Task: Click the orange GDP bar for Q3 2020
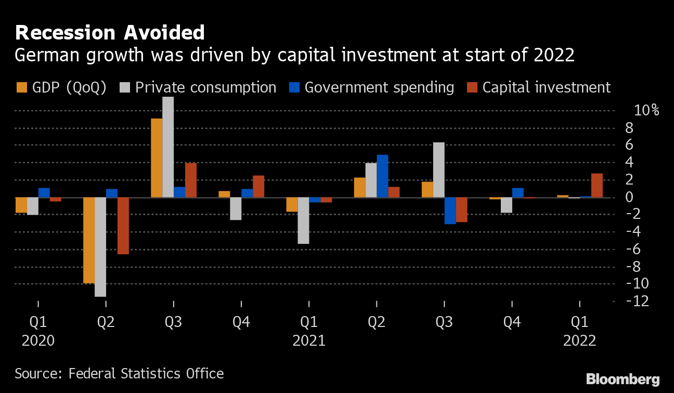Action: click(157, 158)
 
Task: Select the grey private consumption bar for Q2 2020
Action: click(100, 247)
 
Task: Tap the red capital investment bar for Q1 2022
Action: click(597, 186)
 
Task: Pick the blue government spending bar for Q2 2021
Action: click(382, 176)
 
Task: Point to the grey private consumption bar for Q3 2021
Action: click(438, 170)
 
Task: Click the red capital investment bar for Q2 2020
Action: click(123, 226)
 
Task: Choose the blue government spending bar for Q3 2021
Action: click(450, 211)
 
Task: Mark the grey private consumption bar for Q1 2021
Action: click(303, 220)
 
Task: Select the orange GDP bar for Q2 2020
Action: click(89, 240)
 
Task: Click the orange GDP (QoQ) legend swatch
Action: click(22, 87)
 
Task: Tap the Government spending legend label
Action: click(379, 87)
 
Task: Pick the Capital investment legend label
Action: click(547, 87)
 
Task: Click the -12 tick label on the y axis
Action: click(638, 301)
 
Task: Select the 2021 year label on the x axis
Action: click(309, 341)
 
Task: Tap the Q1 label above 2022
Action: click(580, 322)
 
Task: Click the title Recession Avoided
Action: click(110, 33)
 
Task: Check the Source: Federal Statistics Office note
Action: click(119, 373)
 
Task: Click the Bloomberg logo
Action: click(623, 379)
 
